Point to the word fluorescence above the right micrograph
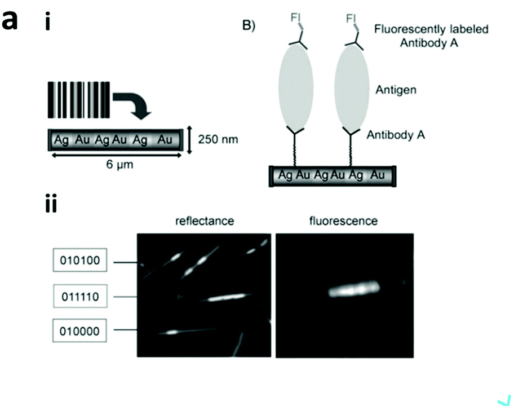(344, 221)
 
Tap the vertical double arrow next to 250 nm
(192, 139)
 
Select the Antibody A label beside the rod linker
(396, 135)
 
